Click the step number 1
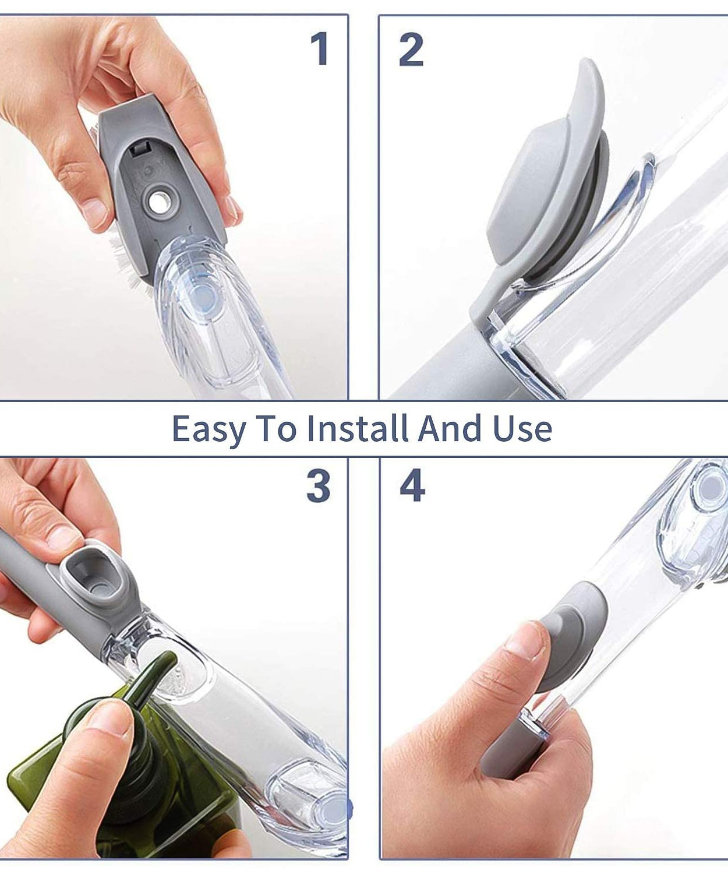point(320,49)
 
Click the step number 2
point(411,50)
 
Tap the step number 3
point(319,487)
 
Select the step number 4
point(412,487)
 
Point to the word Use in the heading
point(522,428)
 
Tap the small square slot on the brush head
point(139,150)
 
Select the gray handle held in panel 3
point(29,559)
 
